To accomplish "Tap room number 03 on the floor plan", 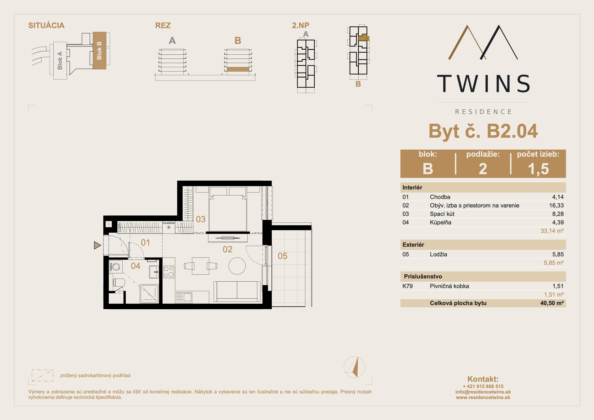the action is click(201, 219).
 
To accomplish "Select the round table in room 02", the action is click(237, 266).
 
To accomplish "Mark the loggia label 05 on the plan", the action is click(282, 256).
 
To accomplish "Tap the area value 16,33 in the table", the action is click(556, 205).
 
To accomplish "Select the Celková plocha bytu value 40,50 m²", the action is click(552, 303).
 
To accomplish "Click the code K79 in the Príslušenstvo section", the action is click(408, 286).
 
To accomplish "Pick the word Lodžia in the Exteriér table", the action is click(438, 254).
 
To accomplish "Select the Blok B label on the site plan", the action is click(99, 50).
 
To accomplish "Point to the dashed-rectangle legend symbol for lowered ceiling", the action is click(42, 375).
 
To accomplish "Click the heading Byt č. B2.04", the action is click(483, 131).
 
